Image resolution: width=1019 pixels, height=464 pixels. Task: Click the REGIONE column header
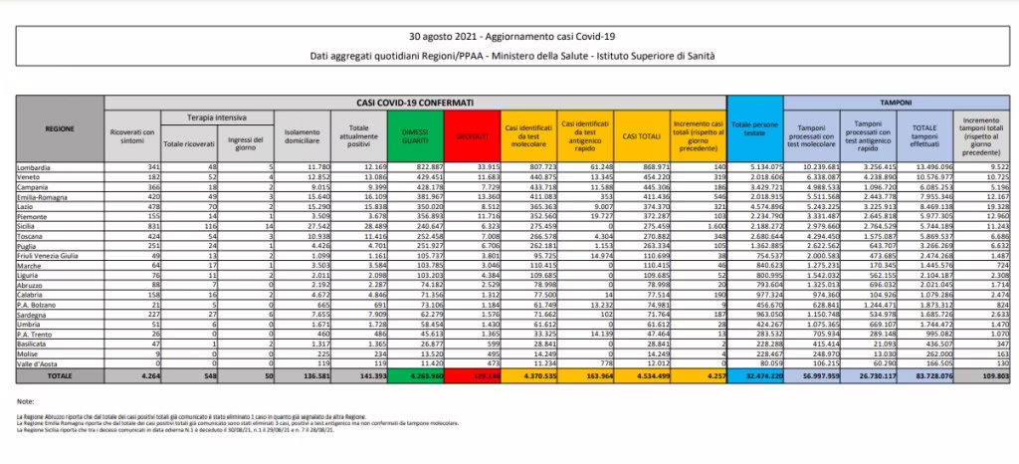point(59,128)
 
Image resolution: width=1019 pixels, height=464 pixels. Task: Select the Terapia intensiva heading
point(217,117)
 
